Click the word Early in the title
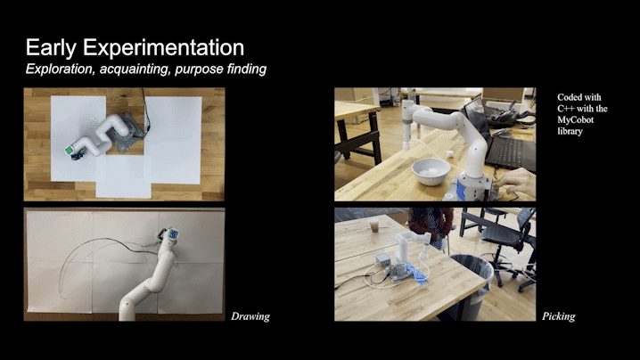[51, 47]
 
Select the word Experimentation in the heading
[164, 48]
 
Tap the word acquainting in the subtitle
[135, 69]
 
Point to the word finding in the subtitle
[247, 69]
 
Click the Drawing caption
[250, 316]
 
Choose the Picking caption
[558, 316]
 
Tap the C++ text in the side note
[566, 109]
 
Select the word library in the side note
[570, 131]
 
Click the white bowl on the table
[431, 171]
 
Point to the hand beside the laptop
[514, 182]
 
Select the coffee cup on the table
[373, 225]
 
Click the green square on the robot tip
[69, 151]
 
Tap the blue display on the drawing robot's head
[174, 234]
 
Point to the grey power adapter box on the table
[383, 259]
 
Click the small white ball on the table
[450, 154]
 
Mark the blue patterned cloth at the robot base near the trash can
[415, 273]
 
